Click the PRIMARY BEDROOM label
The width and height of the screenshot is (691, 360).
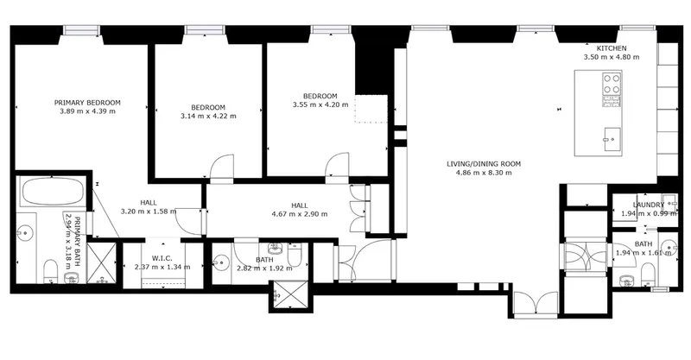(87, 103)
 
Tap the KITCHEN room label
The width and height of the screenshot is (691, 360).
(612, 48)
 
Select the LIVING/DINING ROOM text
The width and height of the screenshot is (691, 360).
(484, 164)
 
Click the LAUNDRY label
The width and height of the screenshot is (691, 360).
(649, 205)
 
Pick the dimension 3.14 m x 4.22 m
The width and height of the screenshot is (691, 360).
(208, 117)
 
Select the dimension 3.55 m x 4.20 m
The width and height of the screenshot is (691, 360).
(320, 104)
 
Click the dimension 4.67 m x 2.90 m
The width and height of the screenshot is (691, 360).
(300, 215)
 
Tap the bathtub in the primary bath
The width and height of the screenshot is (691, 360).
(53, 192)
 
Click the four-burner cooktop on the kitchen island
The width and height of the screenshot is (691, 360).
(612, 83)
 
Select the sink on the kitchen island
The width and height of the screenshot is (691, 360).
(612, 139)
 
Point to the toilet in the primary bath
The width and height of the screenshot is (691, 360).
(51, 271)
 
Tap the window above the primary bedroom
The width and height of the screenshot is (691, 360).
(81, 29)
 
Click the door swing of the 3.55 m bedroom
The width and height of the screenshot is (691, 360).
(337, 165)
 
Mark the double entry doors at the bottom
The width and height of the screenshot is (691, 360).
(536, 304)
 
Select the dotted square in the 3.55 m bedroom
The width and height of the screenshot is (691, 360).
(371, 109)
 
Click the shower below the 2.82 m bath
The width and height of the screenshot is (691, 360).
(290, 294)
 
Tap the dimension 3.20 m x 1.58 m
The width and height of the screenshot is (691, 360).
(149, 212)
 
